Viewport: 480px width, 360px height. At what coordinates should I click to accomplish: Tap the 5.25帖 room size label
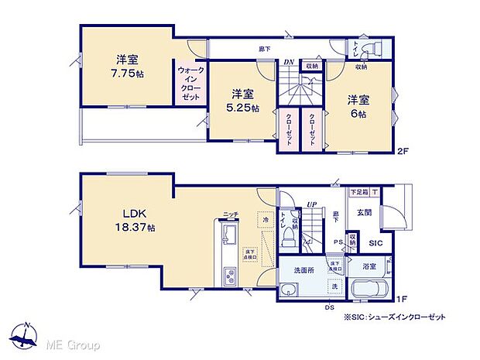244,108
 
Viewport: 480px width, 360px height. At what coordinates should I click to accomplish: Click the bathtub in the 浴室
374,292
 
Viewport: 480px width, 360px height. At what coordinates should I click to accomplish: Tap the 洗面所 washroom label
302,269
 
